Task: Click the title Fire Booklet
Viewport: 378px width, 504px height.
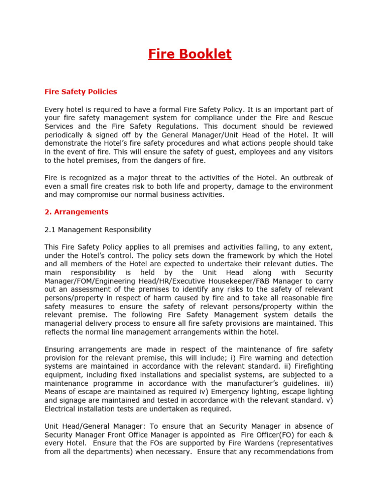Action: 189,54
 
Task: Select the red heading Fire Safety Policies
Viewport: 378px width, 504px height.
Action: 81,92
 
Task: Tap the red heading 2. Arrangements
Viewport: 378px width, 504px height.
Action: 76,212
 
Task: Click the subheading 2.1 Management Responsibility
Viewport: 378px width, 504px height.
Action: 97,230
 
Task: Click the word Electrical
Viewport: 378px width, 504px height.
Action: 62,409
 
